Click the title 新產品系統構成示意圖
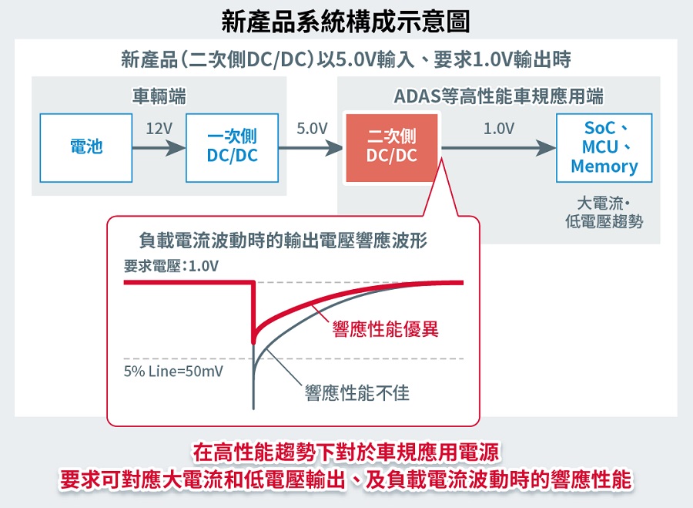pyautogui.click(x=346, y=22)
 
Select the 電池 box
pyautogui.click(x=86, y=147)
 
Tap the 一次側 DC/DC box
pyautogui.click(x=233, y=147)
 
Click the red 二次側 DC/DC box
pyautogui.click(x=392, y=147)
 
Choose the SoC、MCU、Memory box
pyautogui.click(x=604, y=147)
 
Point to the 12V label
pyautogui.click(x=159, y=128)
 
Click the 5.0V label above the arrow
pyautogui.click(x=312, y=128)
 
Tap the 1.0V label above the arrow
pyautogui.click(x=498, y=128)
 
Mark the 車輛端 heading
pyautogui.click(x=159, y=96)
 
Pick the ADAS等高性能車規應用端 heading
pyautogui.click(x=498, y=96)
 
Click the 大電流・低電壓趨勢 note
pyautogui.click(x=604, y=212)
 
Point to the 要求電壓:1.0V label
pyautogui.click(x=172, y=266)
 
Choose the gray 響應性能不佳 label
pyautogui.click(x=357, y=393)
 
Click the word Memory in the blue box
pyautogui.click(x=604, y=167)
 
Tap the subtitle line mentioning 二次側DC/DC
pyautogui.click(x=346, y=59)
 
